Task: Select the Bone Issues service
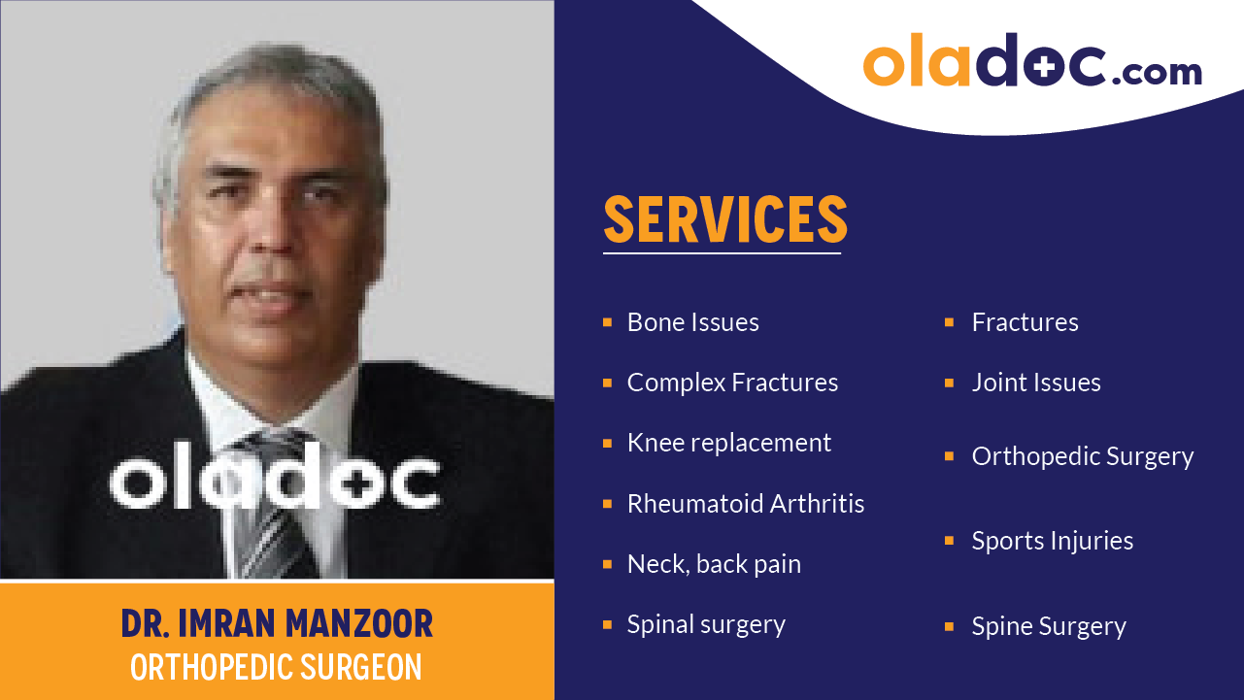click(692, 322)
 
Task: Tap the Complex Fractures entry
click(732, 383)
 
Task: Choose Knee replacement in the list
click(728, 443)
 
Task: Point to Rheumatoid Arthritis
click(745, 504)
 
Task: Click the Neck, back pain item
click(714, 564)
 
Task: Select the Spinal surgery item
click(706, 624)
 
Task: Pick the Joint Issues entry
click(1035, 383)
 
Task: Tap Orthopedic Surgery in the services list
click(1082, 456)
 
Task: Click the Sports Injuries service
click(1052, 541)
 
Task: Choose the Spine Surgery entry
click(1049, 626)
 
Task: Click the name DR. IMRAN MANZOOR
click(277, 624)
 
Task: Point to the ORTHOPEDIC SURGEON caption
click(277, 668)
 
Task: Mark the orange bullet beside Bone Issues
click(607, 322)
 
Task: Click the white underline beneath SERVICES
click(722, 253)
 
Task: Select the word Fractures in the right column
click(1025, 322)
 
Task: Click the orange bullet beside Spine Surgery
click(950, 626)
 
